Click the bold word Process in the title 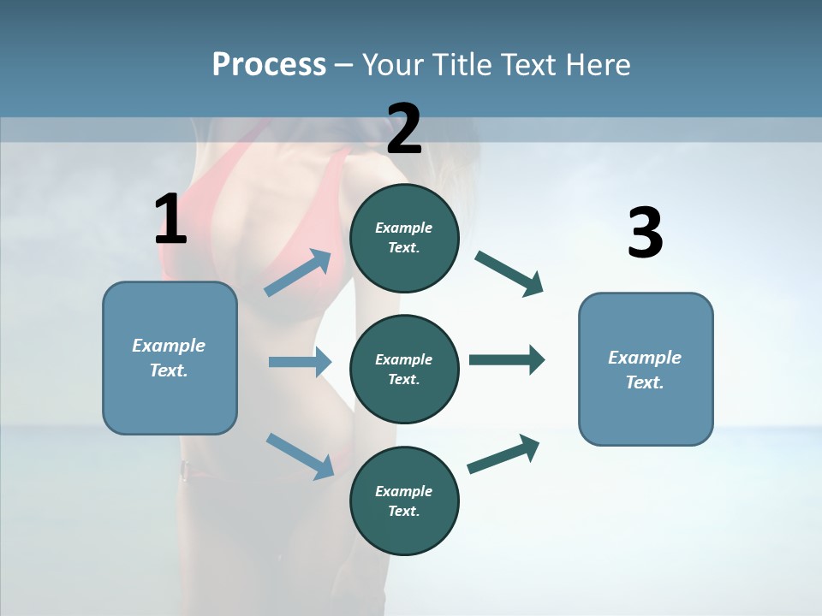coord(269,64)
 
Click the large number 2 coord(404,128)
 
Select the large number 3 coord(645,233)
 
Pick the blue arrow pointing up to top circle coord(298,273)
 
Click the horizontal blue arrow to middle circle coord(300,362)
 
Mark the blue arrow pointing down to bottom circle coord(300,455)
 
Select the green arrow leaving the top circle coord(509,273)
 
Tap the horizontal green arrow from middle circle coord(507,360)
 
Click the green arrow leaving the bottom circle coord(503,454)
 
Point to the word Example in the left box coord(169,346)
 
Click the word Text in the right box coord(644,382)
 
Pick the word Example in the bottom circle coord(403,491)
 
